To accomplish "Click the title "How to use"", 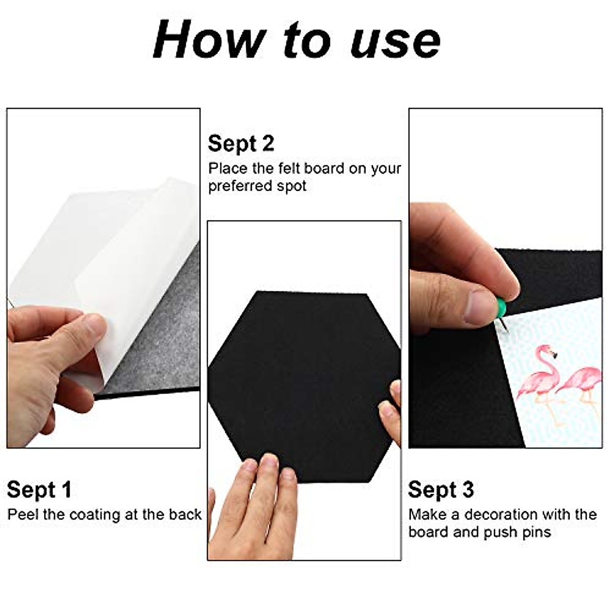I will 296,40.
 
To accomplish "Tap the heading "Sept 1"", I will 39,490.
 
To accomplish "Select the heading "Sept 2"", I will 241,144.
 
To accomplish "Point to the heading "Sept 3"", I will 441,490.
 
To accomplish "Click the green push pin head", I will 506,308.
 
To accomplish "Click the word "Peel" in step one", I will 23,514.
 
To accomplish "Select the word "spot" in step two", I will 292,186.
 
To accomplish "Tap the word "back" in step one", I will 185,514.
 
